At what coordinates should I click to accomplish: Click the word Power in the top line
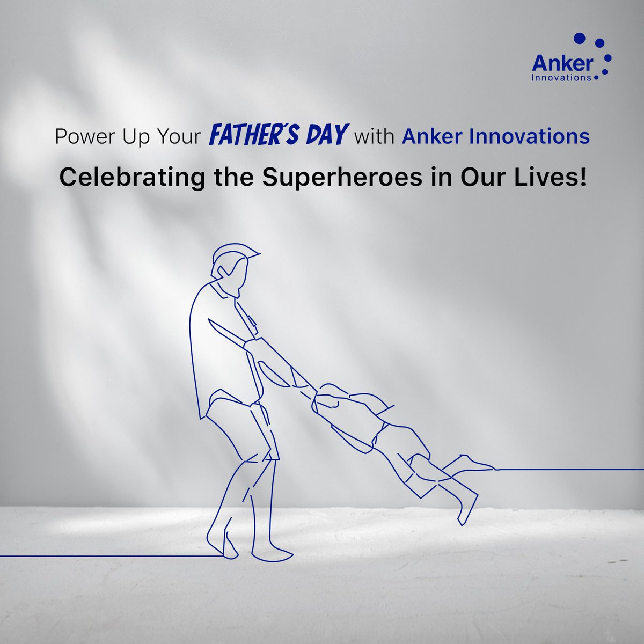[x=82, y=137]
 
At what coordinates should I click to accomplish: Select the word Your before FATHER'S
[x=175, y=137]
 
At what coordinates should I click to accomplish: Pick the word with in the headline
[x=375, y=137]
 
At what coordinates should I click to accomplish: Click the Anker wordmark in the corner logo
[x=562, y=64]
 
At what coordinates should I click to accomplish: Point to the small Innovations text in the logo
[x=561, y=78]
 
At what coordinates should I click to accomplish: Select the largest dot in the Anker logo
[x=580, y=39]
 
